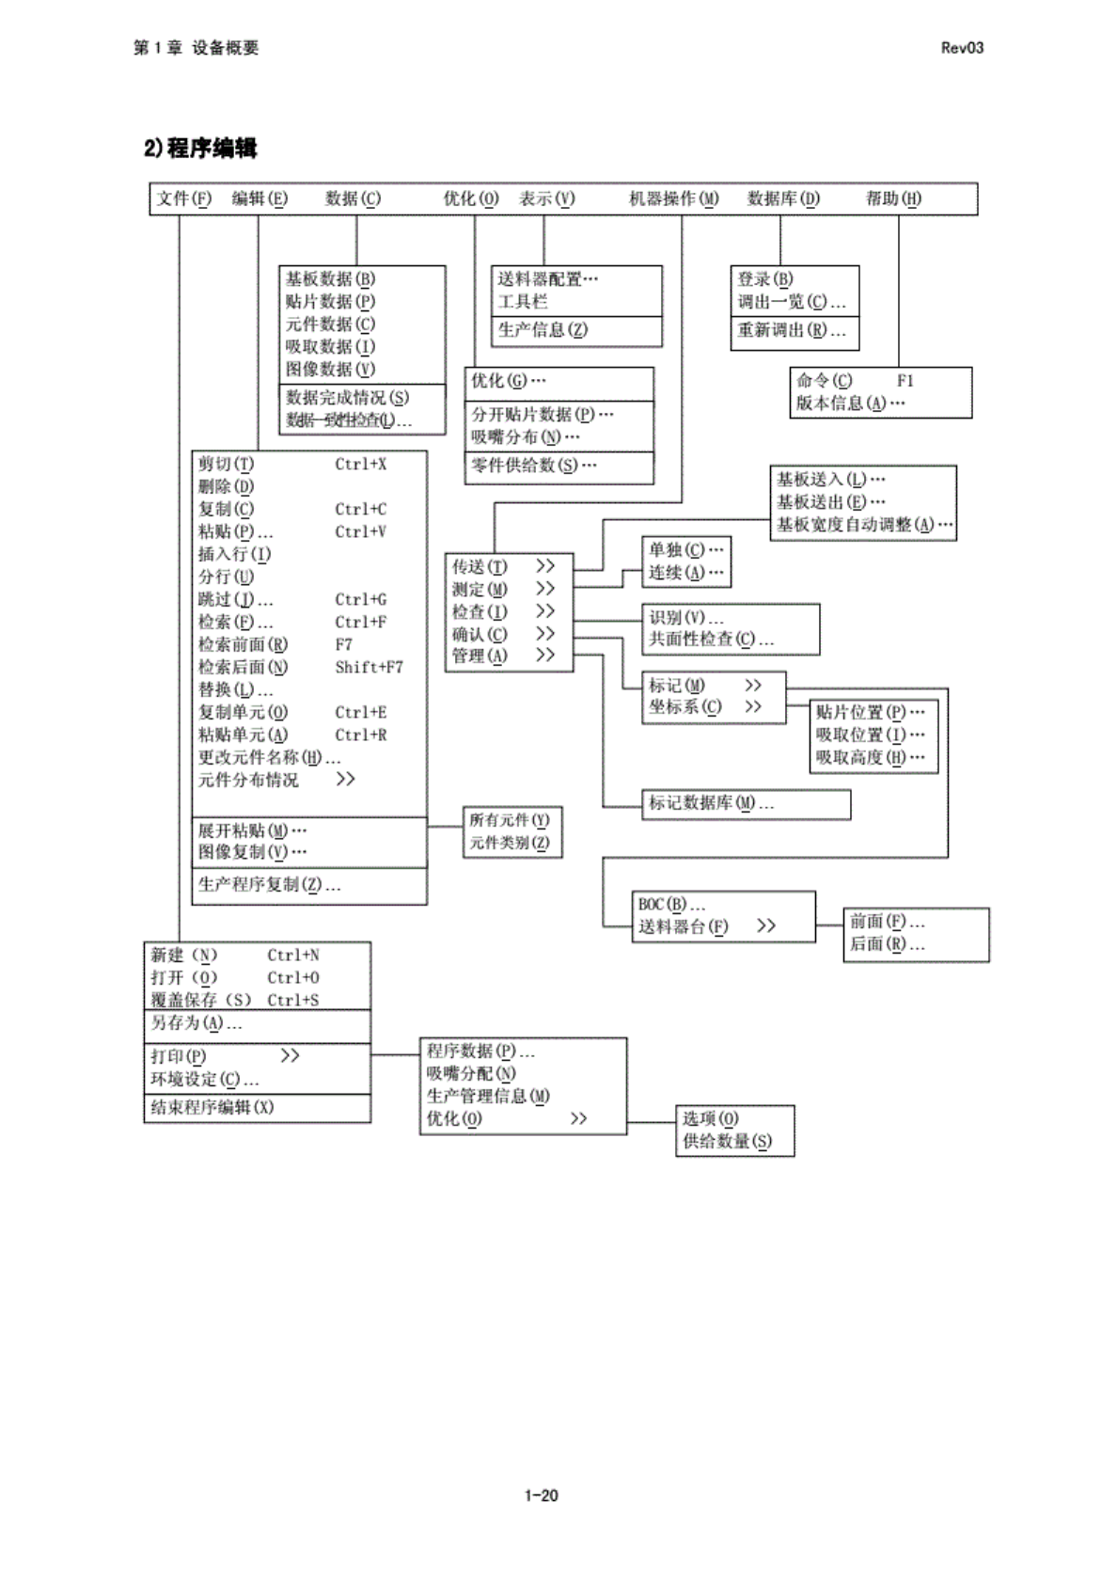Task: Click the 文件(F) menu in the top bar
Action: click(184, 198)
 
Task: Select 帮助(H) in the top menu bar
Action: click(893, 198)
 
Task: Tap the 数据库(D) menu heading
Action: click(783, 198)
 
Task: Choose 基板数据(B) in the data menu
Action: click(330, 279)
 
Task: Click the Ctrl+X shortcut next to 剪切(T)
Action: click(360, 465)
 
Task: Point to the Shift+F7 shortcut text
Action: click(369, 668)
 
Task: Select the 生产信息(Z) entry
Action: click(543, 330)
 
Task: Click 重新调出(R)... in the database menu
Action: click(791, 330)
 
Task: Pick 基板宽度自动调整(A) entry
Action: click(864, 525)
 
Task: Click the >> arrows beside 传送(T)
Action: click(545, 566)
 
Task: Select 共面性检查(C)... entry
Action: click(711, 640)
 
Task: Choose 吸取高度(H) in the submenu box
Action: click(870, 758)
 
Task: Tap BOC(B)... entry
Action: click(671, 905)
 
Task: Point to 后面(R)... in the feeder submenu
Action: click(887, 944)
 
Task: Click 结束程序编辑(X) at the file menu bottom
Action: click(212, 1108)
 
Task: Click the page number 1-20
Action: click(542, 1495)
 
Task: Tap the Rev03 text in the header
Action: click(962, 48)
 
